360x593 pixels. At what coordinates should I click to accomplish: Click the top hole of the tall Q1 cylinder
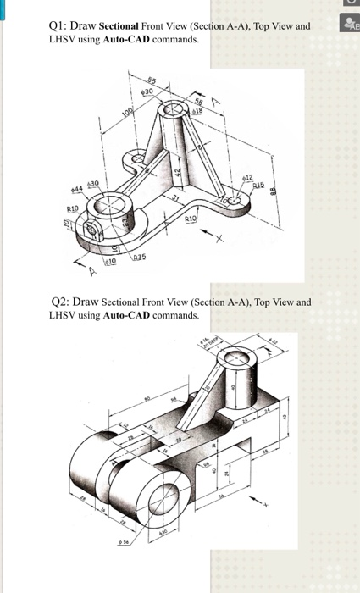[177, 110]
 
